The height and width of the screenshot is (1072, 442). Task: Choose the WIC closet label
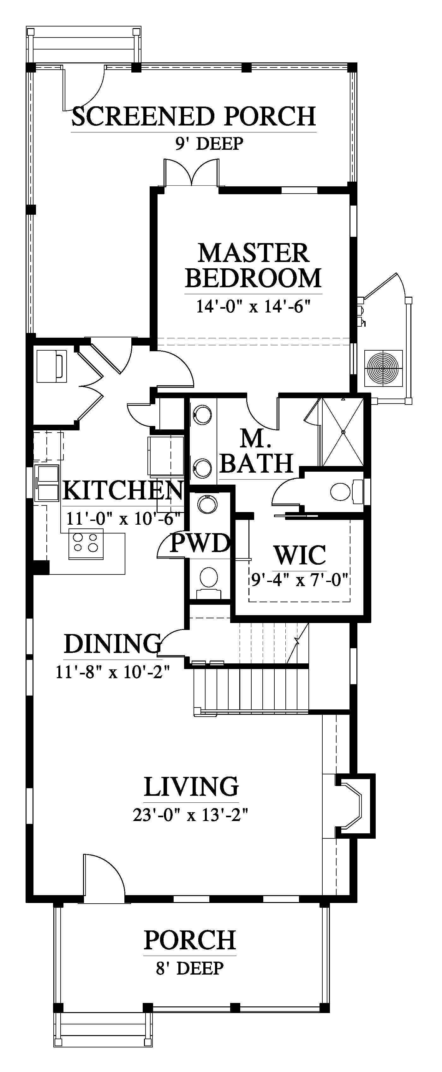(x=300, y=554)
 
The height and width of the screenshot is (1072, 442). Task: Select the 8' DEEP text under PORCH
(x=190, y=968)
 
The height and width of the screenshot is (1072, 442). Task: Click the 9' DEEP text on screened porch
(x=209, y=143)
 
